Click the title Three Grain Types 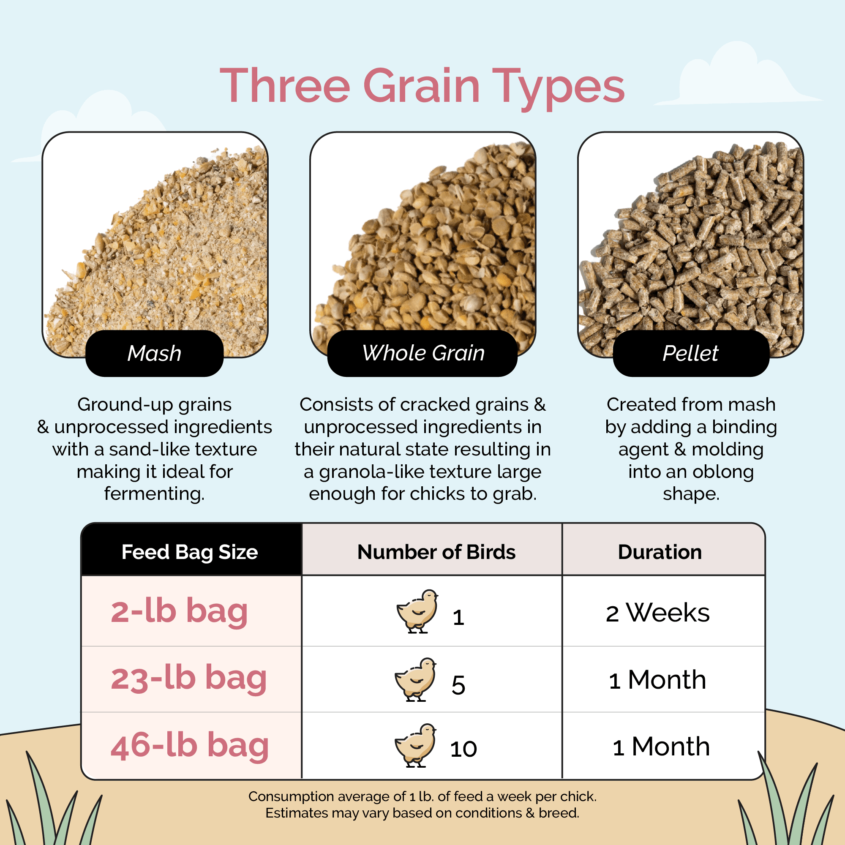[x=422, y=86]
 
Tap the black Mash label [x=154, y=353]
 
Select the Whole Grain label [x=422, y=353]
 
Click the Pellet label [x=691, y=353]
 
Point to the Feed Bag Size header [x=190, y=552]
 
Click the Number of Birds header [x=436, y=552]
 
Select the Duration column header [x=660, y=552]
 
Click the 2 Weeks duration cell [x=657, y=613]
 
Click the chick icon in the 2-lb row [x=417, y=611]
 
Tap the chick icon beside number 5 [x=415, y=679]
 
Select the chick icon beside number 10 [x=415, y=745]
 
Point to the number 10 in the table [x=463, y=749]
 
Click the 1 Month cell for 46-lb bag [x=661, y=747]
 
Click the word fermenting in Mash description [x=154, y=494]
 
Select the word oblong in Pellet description [x=722, y=472]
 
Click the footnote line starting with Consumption [x=422, y=796]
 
